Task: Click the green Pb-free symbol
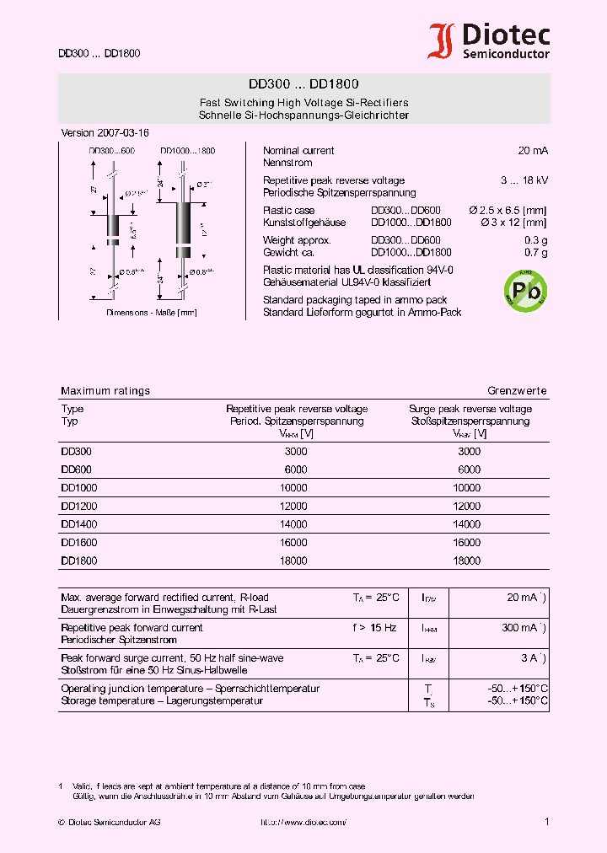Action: pos(524,289)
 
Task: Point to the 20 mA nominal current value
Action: pos(533,150)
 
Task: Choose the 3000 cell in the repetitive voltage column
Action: pos(295,451)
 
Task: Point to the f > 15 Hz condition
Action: pos(375,628)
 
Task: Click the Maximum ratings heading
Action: pos(105,391)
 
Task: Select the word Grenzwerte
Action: pos(517,391)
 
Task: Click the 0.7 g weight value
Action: pos(536,253)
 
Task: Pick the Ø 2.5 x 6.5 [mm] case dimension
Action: pos(508,211)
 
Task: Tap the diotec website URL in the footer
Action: pos(303,822)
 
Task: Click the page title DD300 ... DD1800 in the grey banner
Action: pos(303,84)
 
